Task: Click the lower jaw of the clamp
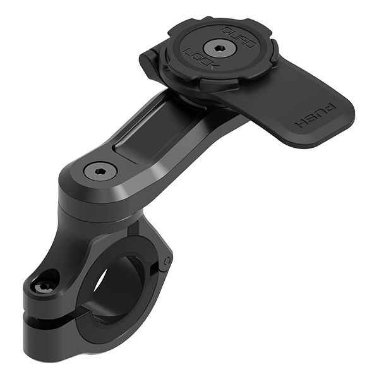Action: [x=69, y=335]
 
